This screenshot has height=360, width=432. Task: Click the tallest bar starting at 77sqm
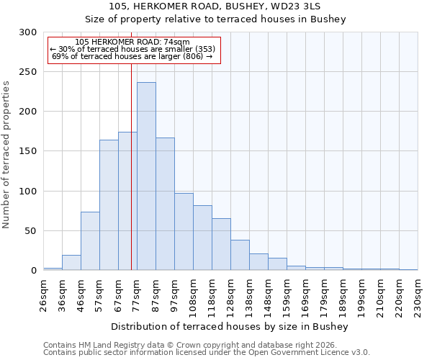coord(146,176)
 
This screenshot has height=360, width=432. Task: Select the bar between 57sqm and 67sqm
coord(109,205)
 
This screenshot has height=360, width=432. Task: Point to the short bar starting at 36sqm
coord(71,263)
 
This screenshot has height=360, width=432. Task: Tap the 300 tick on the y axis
coord(28,32)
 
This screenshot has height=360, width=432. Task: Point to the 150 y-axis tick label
coord(28,151)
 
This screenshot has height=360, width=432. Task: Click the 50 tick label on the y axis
coord(31,231)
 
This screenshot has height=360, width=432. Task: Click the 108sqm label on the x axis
coord(193,296)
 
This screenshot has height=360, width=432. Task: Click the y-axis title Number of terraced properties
coord(7,155)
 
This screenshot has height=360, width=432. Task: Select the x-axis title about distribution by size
coord(230,327)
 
